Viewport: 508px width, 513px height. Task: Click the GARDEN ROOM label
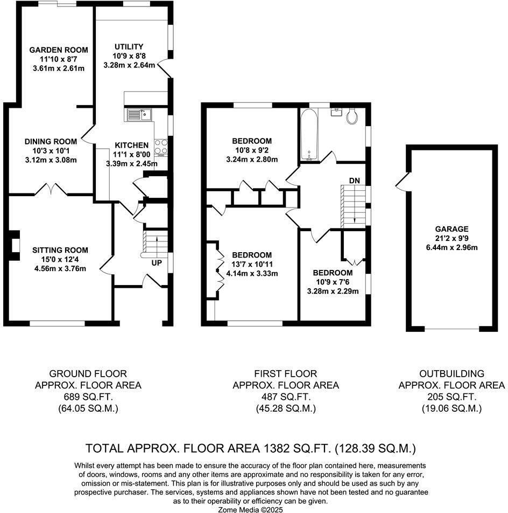[59, 50]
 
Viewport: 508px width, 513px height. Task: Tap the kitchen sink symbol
[139, 114]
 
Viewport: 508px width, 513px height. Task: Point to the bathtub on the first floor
[309, 135]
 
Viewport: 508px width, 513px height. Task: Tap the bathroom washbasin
[337, 111]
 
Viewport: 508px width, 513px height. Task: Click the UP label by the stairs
[157, 263]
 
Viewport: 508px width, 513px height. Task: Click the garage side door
[401, 182]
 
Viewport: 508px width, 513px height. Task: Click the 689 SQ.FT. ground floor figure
[88, 397]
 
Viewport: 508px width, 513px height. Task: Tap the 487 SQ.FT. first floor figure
[285, 397]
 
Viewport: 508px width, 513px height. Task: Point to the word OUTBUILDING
[451, 373]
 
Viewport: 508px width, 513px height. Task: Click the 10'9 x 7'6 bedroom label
[333, 282]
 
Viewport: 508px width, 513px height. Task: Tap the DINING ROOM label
[50, 141]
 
